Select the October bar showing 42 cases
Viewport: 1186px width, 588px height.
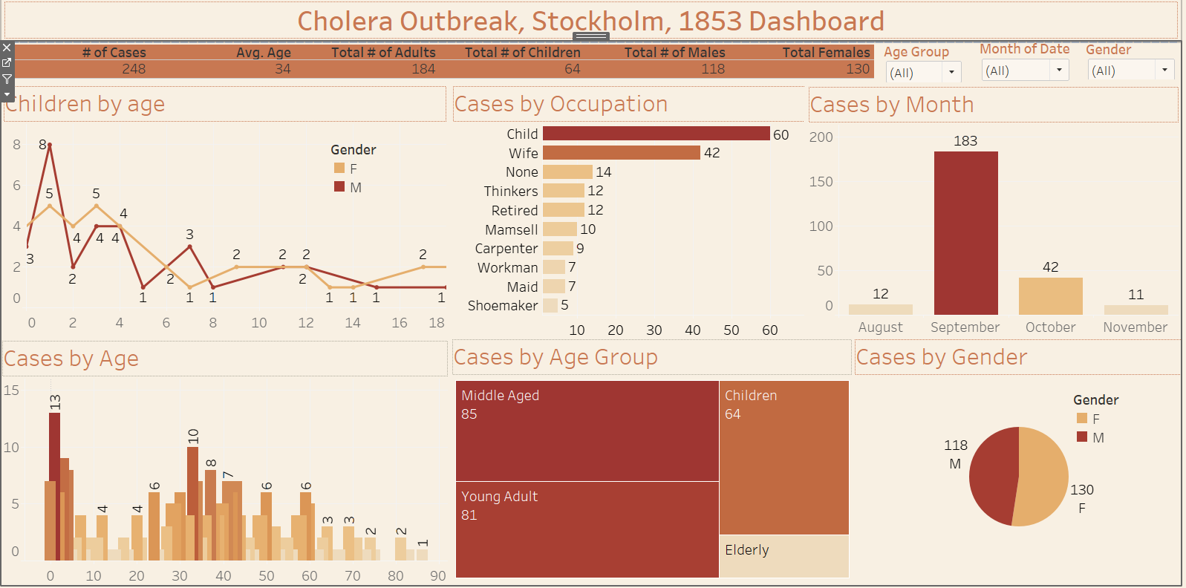pos(1050,295)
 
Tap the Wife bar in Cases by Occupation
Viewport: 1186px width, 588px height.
pos(621,153)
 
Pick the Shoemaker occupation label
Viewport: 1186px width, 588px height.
pos(503,306)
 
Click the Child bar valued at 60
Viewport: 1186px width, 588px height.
pos(656,134)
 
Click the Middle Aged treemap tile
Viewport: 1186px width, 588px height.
pos(587,431)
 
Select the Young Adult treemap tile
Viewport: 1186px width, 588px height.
pos(587,529)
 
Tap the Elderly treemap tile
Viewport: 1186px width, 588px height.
pos(783,555)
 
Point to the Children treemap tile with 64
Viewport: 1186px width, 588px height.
pos(783,457)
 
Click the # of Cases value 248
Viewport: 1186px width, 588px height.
pos(134,69)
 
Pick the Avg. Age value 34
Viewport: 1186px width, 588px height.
pos(282,69)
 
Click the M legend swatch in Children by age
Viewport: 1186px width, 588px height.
pos(339,187)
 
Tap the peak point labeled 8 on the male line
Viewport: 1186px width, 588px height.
pos(50,145)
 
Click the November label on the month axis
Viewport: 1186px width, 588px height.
pos(1135,327)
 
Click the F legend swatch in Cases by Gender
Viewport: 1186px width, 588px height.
pos(1082,419)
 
